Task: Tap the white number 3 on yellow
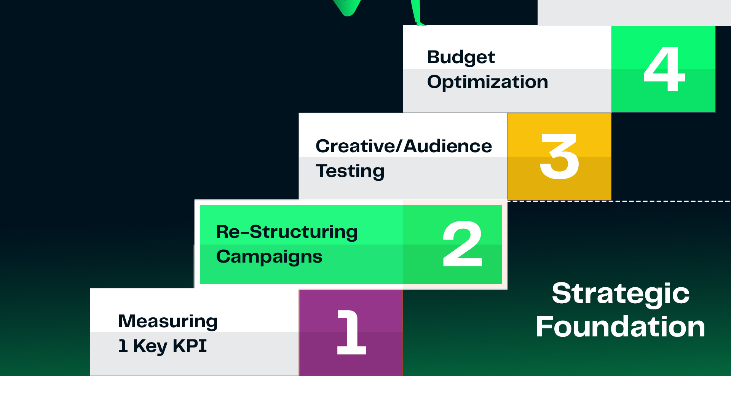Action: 559,156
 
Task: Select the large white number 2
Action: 463,244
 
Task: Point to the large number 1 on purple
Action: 351,332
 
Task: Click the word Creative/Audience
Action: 404,146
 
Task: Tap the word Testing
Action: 350,171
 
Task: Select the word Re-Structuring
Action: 287,232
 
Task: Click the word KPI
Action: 190,346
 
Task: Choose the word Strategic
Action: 621,294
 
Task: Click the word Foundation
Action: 621,327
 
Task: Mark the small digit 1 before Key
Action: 123,346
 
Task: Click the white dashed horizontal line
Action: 619,201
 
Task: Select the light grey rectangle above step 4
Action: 634,13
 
